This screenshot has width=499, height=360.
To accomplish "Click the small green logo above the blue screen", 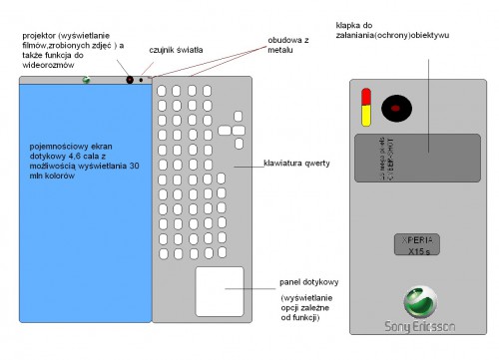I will pyautogui.click(x=88, y=81).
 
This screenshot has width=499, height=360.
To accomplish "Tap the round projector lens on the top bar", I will pyautogui.click(x=129, y=78).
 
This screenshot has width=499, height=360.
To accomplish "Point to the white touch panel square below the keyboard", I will pyautogui.click(x=220, y=291).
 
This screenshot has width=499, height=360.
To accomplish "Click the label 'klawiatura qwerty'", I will pyautogui.click(x=297, y=163).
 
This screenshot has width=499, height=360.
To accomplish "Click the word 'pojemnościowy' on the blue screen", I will pyautogui.click(x=59, y=146).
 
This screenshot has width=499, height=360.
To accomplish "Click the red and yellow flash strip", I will pyautogui.click(x=365, y=105).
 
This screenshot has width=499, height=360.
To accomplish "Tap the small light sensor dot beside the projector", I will pyautogui.click(x=142, y=79).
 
